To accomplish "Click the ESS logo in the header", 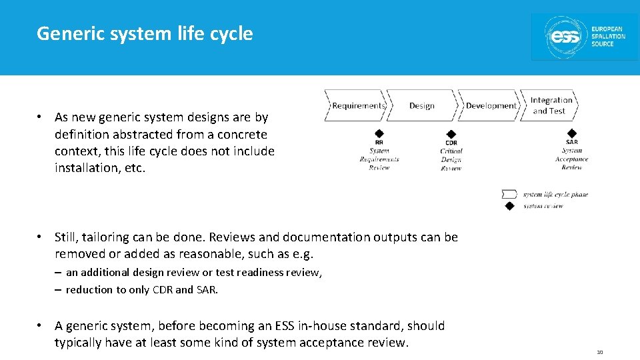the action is click(x=585, y=37).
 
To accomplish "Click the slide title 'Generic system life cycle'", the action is click(x=145, y=33).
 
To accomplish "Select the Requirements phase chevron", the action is click(x=357, y=105).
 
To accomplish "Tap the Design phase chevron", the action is click(x=421, y=105).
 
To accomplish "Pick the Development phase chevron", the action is click(x=490, y=105).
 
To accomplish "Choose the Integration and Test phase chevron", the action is click(x=550, y=105).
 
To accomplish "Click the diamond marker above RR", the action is click(x=379, y=133).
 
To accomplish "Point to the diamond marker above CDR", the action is click(x=451, y=133).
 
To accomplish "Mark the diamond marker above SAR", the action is click(x=571, y=133).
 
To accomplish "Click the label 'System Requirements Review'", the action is click(x=379, y=159).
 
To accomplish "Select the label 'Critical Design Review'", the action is click(x=451, y=159).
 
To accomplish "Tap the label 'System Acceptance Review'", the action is click(x=571, y=159).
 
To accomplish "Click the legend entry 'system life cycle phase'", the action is click(x=555, y=195).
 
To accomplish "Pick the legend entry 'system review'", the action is click(x=543, y=206).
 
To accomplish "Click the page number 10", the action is click(x=599, y=352).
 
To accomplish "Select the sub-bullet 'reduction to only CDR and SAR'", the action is click(x=141, y=289).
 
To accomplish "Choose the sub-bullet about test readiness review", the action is click(x=193, y=272).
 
